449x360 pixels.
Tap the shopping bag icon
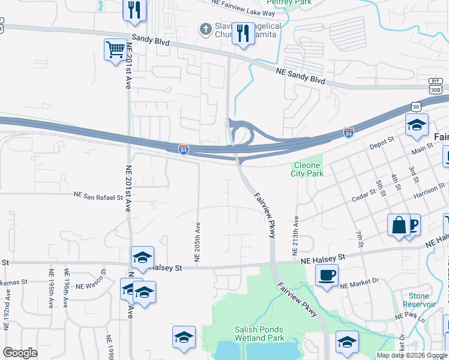398,226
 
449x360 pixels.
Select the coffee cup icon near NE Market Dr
326,275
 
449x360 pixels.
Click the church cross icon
205,28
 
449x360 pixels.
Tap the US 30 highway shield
416,106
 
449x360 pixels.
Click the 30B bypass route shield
436,88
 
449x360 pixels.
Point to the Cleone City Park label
307,169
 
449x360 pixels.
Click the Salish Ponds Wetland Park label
258,334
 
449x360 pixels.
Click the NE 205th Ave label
197,241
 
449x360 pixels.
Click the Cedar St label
364,196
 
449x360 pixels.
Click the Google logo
20,353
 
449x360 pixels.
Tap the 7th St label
360,238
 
